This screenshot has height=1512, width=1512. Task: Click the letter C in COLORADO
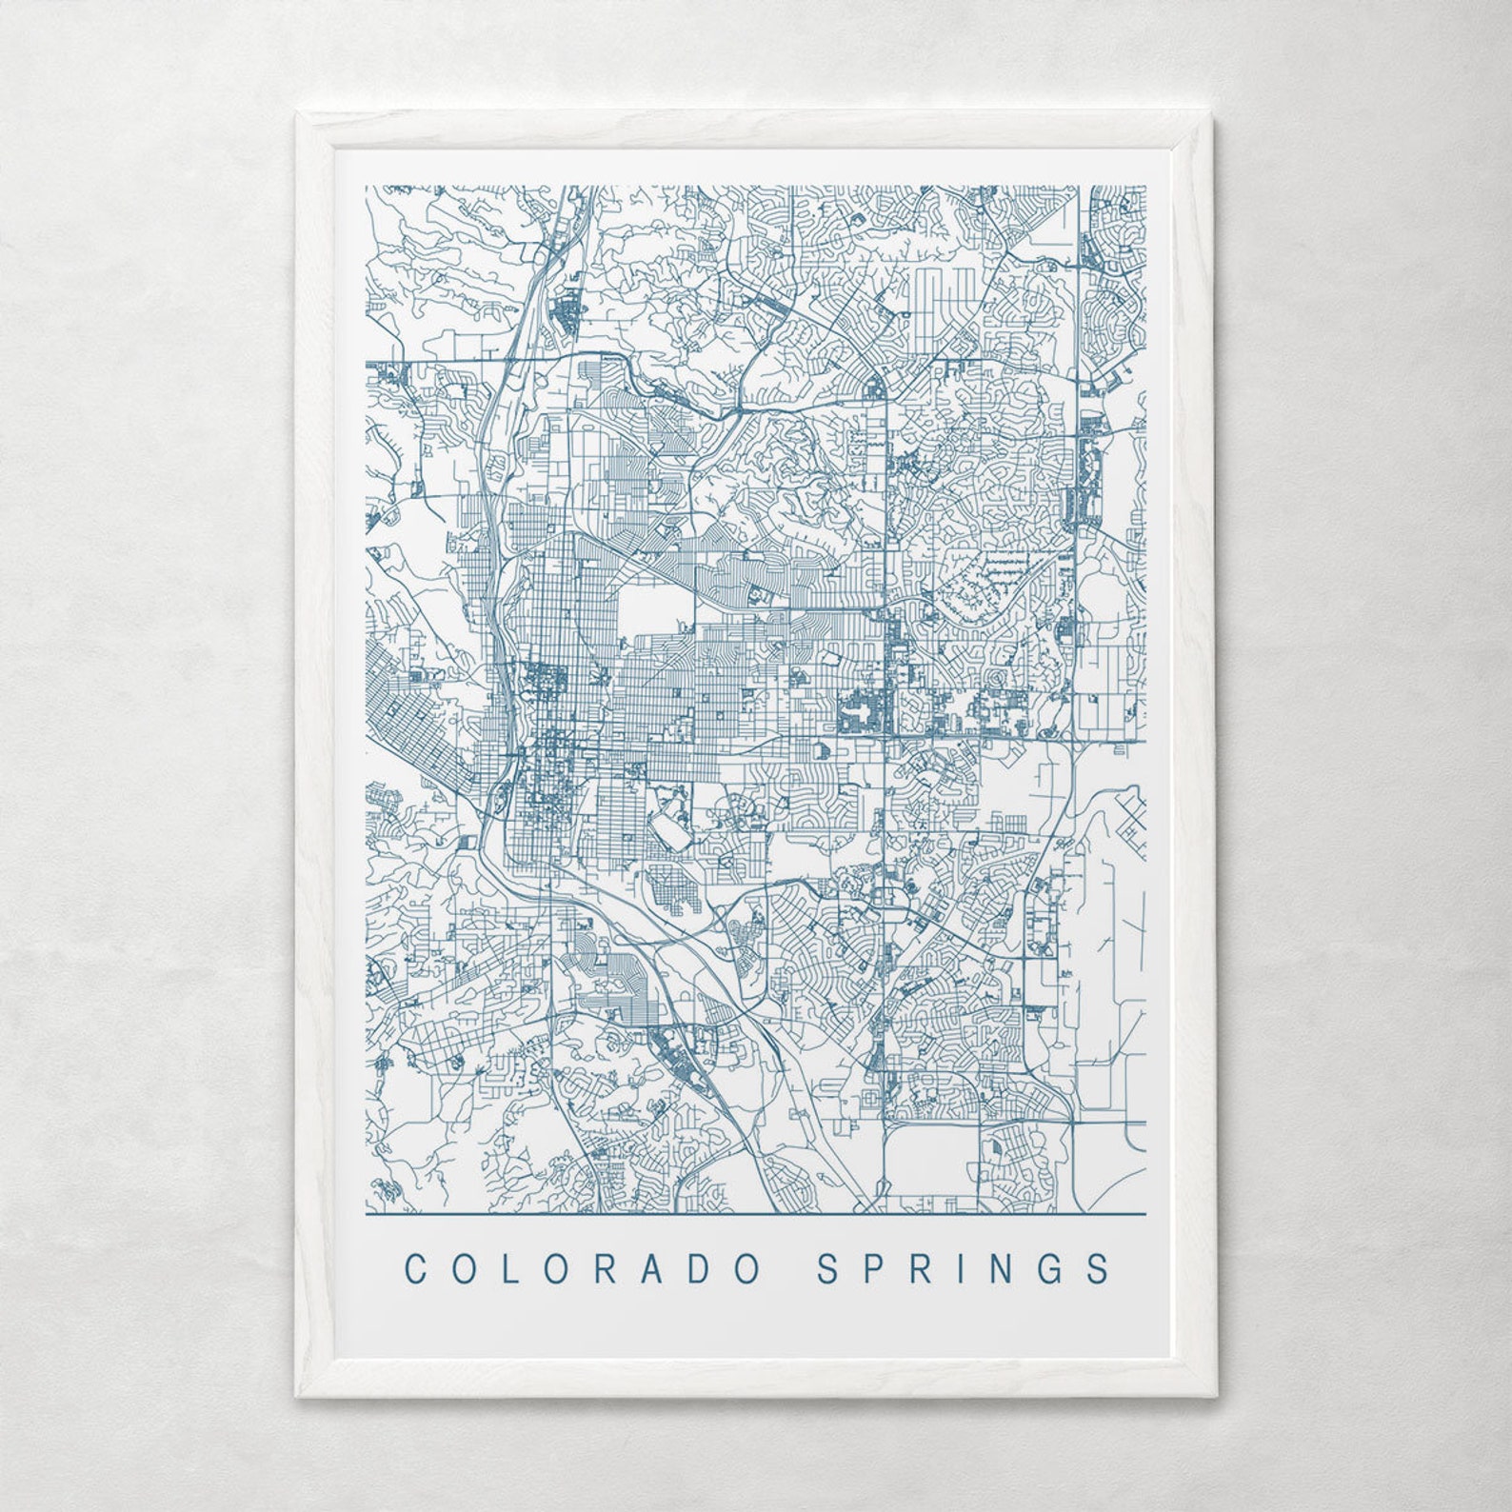pos(416,1268)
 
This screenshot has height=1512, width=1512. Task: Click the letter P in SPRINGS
pos(874,1268)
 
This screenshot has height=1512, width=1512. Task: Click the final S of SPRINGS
pos(1101,1268)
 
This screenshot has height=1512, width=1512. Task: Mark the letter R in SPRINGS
pos(921,1268)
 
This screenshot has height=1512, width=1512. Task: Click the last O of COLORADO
pos(747,1268)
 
